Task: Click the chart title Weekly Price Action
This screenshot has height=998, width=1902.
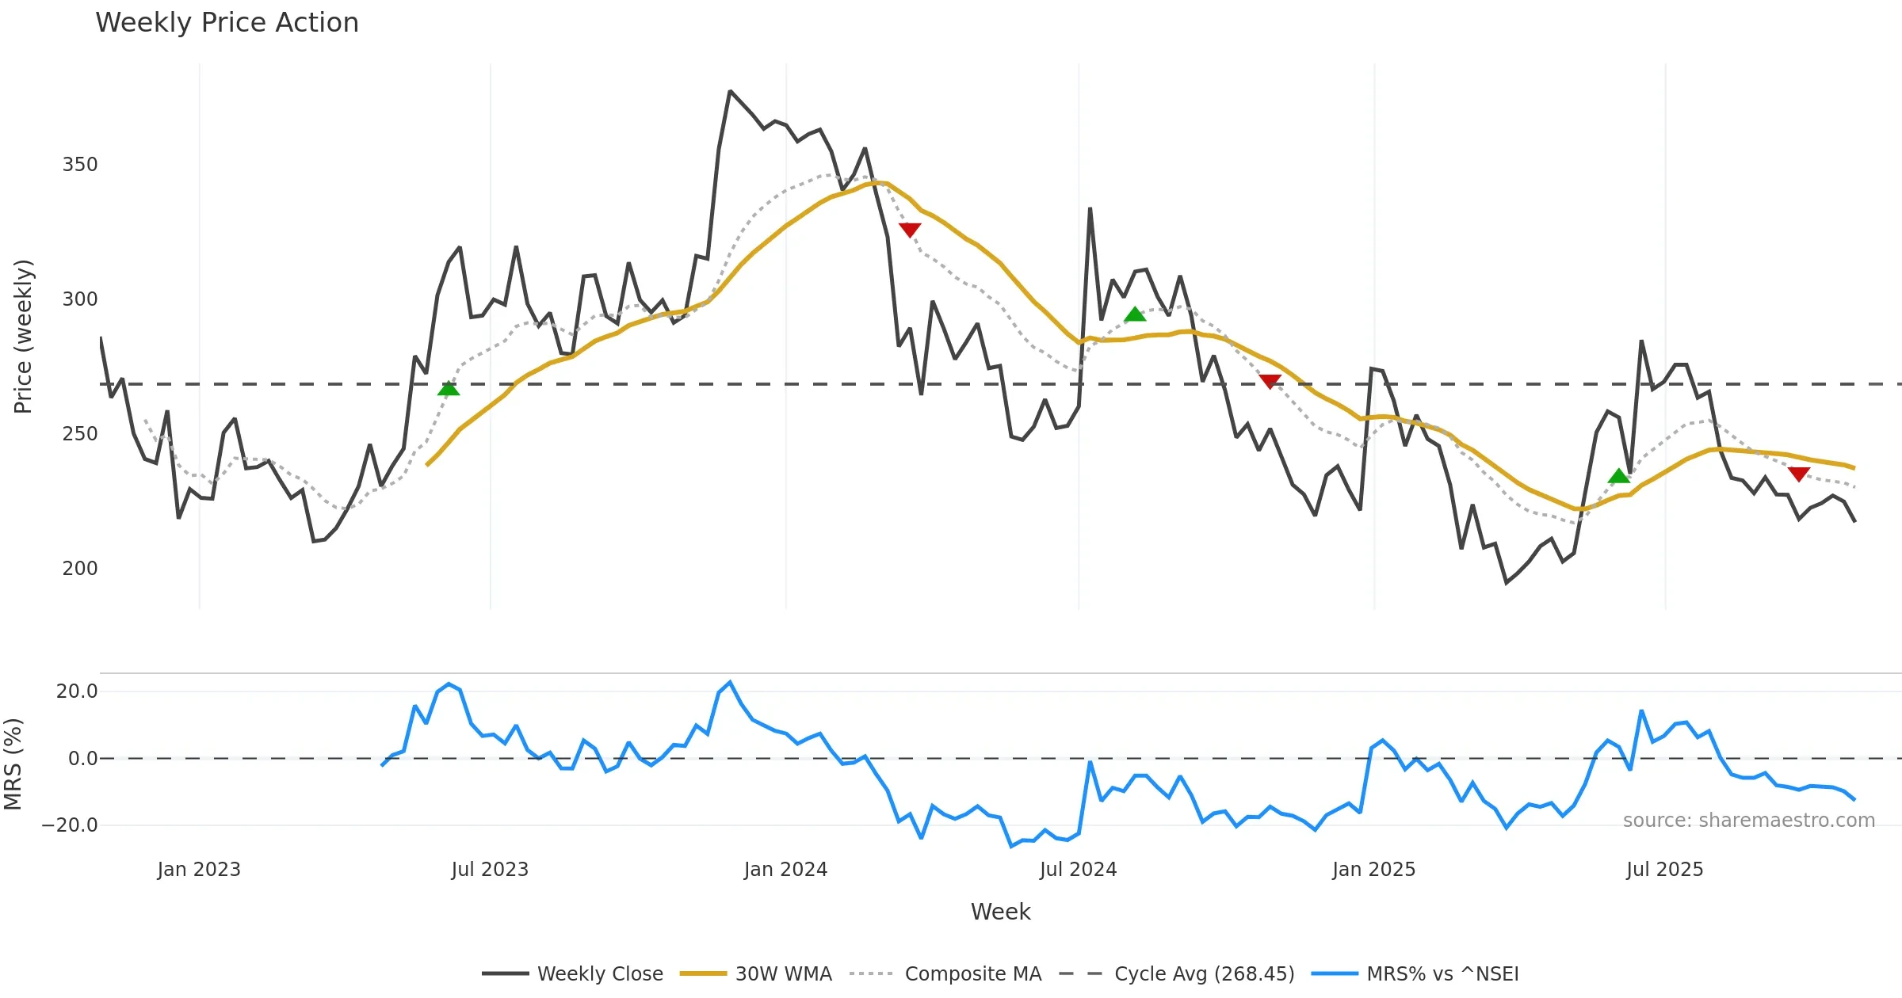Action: (x=227, y=23)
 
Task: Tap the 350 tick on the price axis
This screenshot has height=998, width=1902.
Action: (x=80, y=165)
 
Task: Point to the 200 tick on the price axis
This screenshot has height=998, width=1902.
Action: (x=80, y=569)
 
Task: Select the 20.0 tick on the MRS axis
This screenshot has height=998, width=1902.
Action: (x=77, y=691)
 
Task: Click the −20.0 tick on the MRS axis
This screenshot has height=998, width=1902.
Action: (x=70, y=825)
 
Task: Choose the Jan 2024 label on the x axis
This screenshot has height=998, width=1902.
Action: (x=785, y=870)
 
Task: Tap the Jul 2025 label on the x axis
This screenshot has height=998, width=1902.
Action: (x=1664, y=870)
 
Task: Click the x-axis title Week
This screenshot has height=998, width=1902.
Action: (x=1000, y=912)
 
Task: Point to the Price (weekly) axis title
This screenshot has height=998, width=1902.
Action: (x=24, y=337)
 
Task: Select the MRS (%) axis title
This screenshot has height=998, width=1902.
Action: (x=13, y=764)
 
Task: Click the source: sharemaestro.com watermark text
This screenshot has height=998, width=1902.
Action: (x=1748, y=821)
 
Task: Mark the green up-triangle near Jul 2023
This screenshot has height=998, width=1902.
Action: (x=449, y=389)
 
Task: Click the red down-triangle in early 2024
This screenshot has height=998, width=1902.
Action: (x=910, y=230)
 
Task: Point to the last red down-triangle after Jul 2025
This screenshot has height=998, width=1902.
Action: (x=1799, y=474)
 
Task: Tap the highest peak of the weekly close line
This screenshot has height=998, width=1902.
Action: (x=730, y=92)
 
